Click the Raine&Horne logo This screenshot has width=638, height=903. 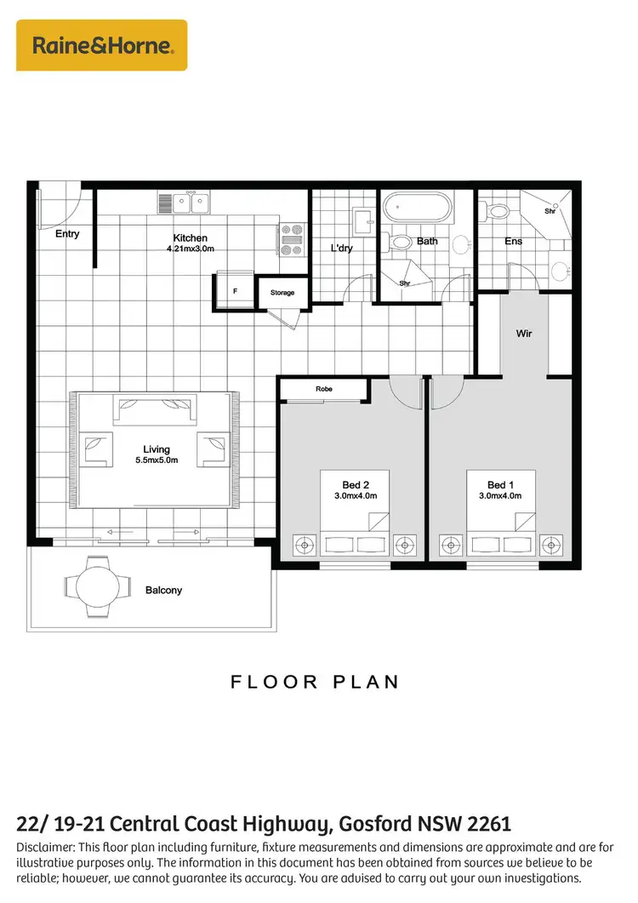tap(103, 45)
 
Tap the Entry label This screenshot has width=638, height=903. tap(67, 233)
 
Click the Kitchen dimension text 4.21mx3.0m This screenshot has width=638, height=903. tap(191, 249)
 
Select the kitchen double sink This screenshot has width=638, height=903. tap(184, 203)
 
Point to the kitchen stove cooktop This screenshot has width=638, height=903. tap(291, 239)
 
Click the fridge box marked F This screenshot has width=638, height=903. tap(235, 289)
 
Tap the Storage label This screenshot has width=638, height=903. tap(282, 293)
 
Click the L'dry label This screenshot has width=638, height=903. tap(341, 249)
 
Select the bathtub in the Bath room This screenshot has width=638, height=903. tap(416, 208)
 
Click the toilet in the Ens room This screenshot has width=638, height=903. tap(498, 209)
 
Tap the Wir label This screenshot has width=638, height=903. tap(524, 334)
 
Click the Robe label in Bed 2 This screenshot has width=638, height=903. tap(323, 389)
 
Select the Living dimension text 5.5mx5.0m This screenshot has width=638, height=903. tap(157, 460)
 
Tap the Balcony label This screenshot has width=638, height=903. tap(163, 590)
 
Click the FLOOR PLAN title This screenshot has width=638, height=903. tap(315, 683)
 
